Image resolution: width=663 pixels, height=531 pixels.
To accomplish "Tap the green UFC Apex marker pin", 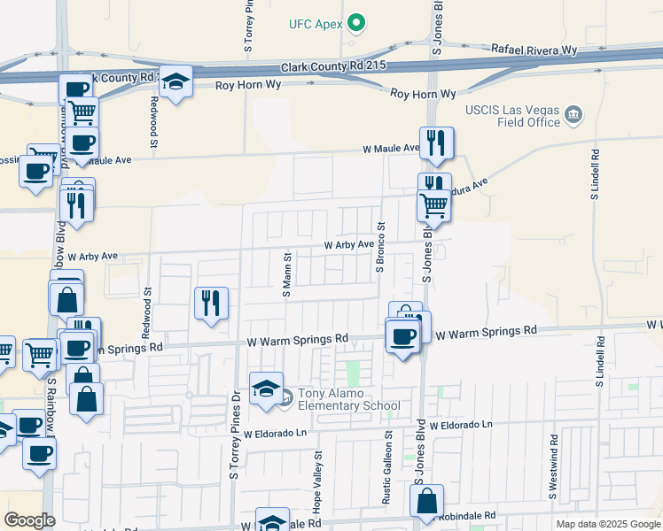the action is pos(356,22).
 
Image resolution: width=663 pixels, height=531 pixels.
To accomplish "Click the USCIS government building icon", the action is pos(573,115).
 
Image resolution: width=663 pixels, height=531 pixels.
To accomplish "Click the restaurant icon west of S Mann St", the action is pos(212,304).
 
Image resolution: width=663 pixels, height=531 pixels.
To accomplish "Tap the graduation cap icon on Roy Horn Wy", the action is pos(176,82).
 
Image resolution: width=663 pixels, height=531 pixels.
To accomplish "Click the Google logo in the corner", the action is pos(30,520).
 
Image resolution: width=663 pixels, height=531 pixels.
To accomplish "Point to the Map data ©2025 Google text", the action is pos(607,524).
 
